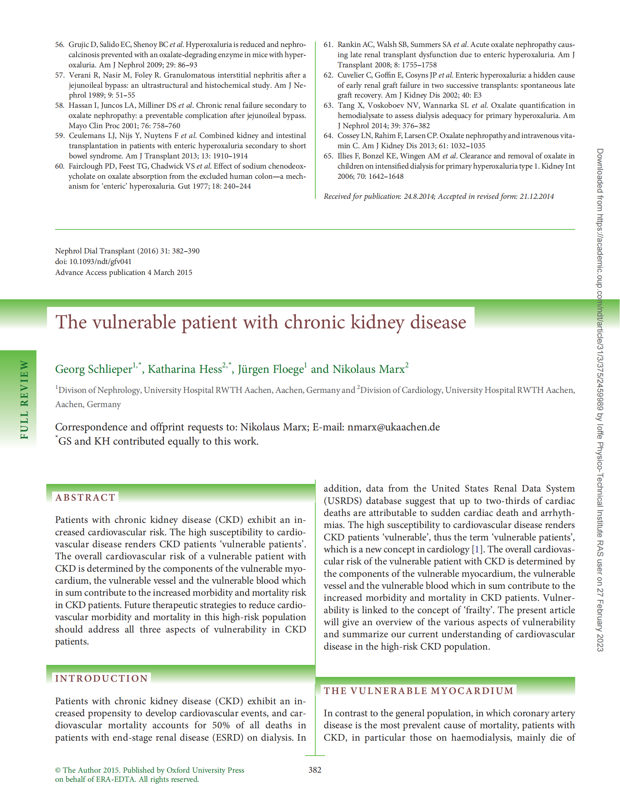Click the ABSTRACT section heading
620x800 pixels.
click(85, 497)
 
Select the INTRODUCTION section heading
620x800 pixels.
click(102, 678)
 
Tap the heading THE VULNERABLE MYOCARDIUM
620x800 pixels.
click(418, 691)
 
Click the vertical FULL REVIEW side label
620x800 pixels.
click(24, 399)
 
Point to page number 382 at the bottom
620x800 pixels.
click(315, 770)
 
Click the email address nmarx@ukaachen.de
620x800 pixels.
click(393, 427)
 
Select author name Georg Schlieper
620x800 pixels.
click(94, 369)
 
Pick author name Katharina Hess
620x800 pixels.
click(185, 369)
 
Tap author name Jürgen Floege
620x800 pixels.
click(270, 369)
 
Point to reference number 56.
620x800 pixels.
click(60, 45)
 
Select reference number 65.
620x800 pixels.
click(328, 156)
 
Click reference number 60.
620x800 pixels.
click(60, 166)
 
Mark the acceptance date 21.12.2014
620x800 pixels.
click(537, 196)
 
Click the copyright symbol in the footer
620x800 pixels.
click(58, 770)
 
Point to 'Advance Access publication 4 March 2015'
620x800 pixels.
click(124, 272)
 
